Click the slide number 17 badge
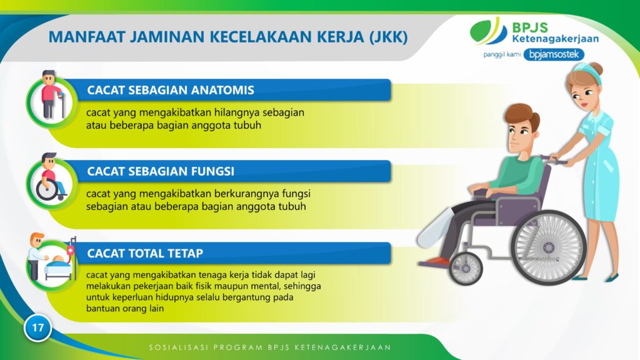(37, 327)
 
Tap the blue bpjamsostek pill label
(554, 54)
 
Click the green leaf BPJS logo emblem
(488, 31)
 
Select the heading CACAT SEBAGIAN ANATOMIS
(171, 90)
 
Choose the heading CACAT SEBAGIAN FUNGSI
(161, 171)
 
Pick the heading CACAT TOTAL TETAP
(145, 253)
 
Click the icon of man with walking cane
(52, 95)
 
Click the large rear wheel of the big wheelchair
(549, 247)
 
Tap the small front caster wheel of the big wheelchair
(465, 268)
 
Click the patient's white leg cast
(435, 229)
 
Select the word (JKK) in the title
(388, 37)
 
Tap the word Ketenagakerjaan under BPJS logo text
(555, 39)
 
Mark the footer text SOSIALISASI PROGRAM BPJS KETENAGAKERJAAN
(270, 347)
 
